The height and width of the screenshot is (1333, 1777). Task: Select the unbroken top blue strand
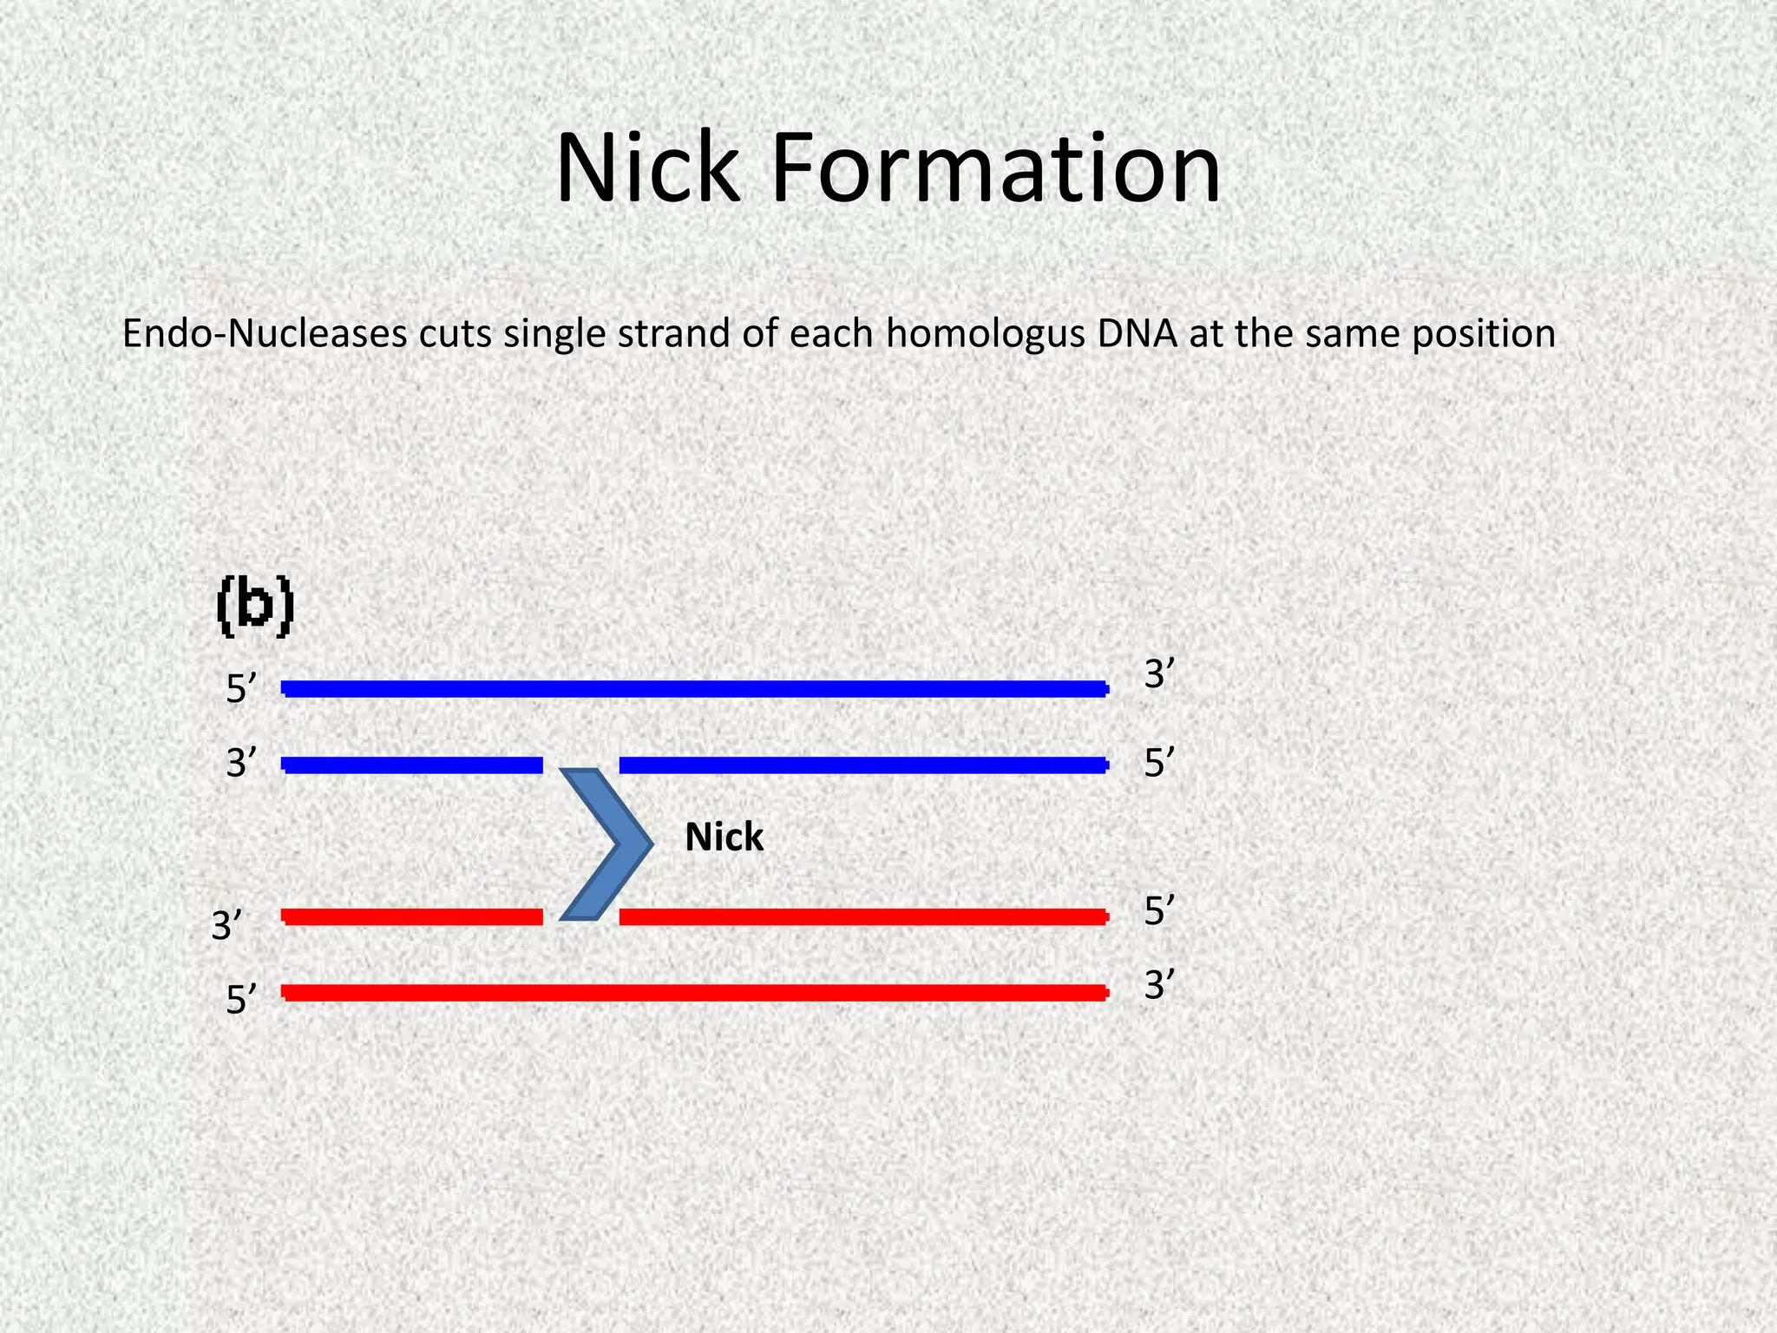[x=694, y=689]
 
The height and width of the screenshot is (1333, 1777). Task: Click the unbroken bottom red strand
[x=694, y=992]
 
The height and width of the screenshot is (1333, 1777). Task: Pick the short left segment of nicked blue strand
[x=412, y=765]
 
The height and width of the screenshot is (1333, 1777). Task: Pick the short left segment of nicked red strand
[x=412, y=916]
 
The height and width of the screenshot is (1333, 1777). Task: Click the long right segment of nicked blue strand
[x=863, y=765]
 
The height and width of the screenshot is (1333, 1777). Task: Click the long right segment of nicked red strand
[x=863, y=916]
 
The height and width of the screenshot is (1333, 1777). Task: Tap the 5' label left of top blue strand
[x=241, y=690]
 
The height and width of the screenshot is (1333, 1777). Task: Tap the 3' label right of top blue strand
[x=1159, y=674]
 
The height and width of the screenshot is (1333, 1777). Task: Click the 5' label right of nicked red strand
[x=1159, y=911]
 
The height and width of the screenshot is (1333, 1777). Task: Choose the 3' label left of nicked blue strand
[x=241, y=765]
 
